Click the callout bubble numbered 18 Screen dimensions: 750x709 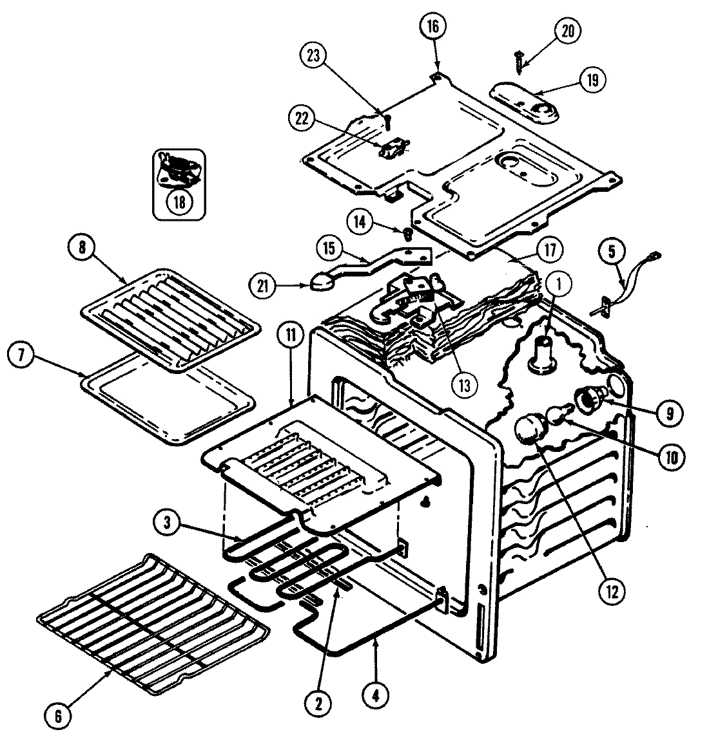179,201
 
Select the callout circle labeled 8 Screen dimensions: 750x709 83,248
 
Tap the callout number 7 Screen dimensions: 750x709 23,357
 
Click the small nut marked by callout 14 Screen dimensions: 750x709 408,231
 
